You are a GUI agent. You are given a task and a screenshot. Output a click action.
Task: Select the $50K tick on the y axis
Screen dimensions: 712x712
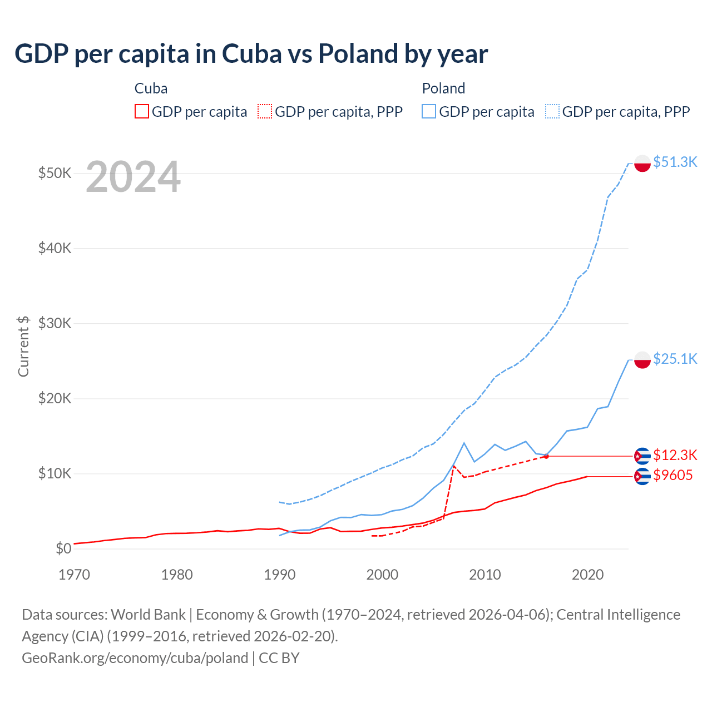tap(55, 173)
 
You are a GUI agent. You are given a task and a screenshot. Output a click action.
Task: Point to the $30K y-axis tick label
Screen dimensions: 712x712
tap(55, 323)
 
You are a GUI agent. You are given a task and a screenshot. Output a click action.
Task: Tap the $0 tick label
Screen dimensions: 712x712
tap(63, 549)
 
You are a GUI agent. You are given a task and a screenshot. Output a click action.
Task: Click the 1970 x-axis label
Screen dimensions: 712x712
tap(74, 575)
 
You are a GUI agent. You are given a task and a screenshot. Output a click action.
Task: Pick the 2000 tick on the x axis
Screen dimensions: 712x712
tap(382, 575)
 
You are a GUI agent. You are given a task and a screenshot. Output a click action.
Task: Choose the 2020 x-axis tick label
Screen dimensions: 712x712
tap(587, 575)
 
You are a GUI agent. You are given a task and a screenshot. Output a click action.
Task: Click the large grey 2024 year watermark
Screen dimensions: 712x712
tap(133, 177)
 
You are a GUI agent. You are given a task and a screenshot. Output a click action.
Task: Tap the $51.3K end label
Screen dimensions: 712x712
tap(675, 162)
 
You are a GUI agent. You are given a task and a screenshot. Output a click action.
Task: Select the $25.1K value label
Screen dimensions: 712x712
tap(675, 359)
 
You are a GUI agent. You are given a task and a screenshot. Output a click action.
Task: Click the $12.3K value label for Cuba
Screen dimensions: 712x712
tap(675, 455)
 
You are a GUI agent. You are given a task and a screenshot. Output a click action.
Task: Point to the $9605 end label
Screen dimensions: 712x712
tap(673, 475)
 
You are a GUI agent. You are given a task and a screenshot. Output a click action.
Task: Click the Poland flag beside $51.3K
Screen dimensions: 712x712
tap(642, 164)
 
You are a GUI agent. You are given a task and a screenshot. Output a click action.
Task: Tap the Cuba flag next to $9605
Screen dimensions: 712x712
tap(642, 476)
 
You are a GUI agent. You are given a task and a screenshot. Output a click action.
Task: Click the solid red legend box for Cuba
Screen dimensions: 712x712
tap(142, 112)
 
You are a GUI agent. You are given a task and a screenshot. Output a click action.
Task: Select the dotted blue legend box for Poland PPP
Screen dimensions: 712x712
tap(552, 112)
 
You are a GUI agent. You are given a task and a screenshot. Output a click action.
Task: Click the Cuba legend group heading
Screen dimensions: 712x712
tap(151, 88)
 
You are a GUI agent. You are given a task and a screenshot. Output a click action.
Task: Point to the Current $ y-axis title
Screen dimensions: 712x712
tap(23, 346)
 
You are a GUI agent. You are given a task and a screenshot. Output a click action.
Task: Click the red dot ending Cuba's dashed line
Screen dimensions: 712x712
tap(546, 456)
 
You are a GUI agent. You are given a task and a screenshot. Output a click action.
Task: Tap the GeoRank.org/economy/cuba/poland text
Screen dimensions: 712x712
tap(135, 658)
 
